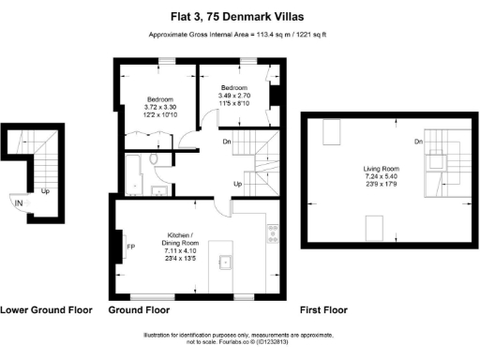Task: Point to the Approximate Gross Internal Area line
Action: pos(239,36)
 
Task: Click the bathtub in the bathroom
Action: pos(133,174)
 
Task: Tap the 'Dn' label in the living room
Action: pos(415,142)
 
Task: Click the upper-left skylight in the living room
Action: pos(332,134)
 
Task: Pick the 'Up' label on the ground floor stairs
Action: pos(238,184)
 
